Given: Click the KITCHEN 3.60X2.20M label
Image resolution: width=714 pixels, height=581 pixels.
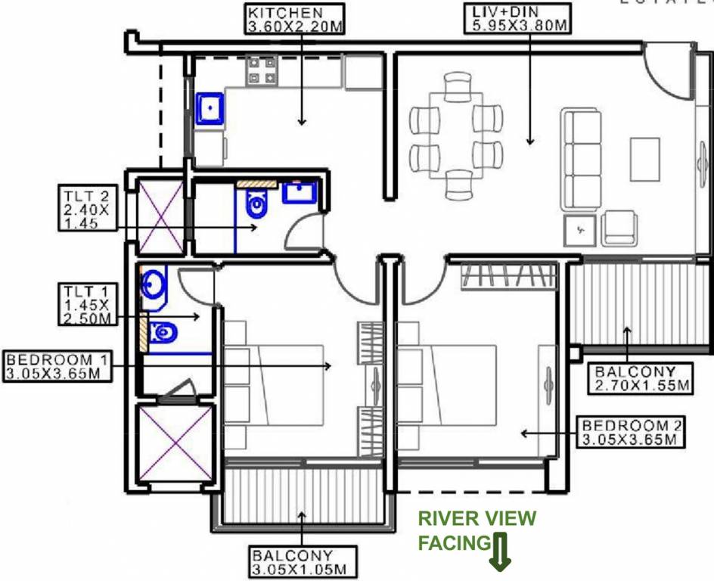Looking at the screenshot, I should [x=295, y=19].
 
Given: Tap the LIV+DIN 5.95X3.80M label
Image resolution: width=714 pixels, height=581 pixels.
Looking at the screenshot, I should [x=515, y=19].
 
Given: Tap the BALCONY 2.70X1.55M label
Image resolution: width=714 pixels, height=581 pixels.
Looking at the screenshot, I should [x=641, y=379].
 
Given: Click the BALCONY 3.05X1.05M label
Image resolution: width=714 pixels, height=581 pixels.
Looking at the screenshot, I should [x=303, y=561].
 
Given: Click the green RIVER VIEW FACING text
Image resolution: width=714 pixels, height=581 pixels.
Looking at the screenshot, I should [x=477, y=530].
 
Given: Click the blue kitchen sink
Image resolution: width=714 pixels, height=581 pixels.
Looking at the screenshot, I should [x=210, y=108].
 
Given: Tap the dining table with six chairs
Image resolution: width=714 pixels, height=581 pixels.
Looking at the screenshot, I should [x=455, y=135].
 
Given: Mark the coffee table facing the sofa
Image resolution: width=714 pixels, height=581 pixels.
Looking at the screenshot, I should [x=644, y=158].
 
